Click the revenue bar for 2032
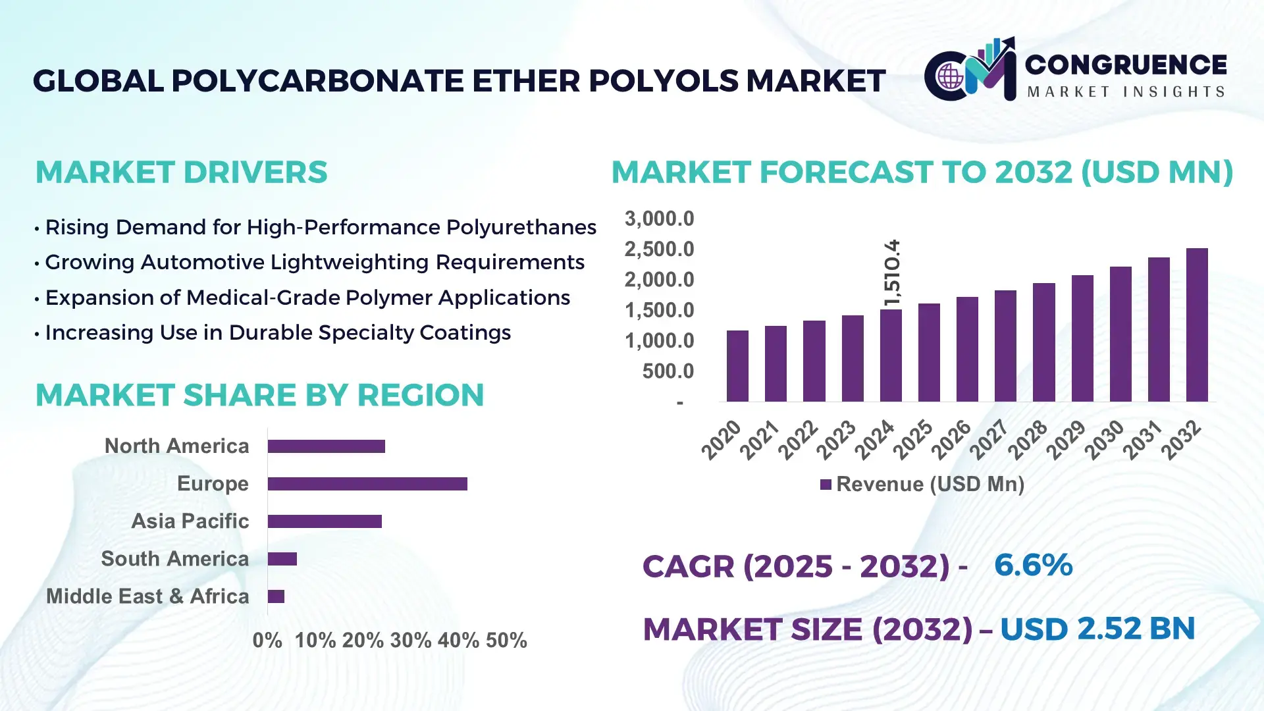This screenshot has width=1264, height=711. (1196, 325)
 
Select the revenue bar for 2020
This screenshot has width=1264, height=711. (737, 366)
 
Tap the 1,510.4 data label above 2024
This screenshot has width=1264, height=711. (892, 273)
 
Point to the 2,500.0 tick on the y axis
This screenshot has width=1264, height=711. (659, 250)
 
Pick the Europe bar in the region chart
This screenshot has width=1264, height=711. (367, 484)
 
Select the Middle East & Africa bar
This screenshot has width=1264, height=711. (276, 596)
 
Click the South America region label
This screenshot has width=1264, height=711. (174, 559)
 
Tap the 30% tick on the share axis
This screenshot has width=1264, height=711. (411, 641)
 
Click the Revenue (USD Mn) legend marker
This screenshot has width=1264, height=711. (826, 485)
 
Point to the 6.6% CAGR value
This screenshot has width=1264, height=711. (1033, 565)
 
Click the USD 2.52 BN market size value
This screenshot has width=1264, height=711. (1097, 629)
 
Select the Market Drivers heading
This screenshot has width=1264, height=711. (181, 172)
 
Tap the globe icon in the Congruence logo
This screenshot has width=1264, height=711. (950, 77)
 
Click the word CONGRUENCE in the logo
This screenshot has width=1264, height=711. (1125, 65)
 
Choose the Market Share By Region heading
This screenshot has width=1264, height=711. (259, 395)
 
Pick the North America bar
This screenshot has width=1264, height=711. (326, 446)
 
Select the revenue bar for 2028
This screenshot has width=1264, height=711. (1043, 342)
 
